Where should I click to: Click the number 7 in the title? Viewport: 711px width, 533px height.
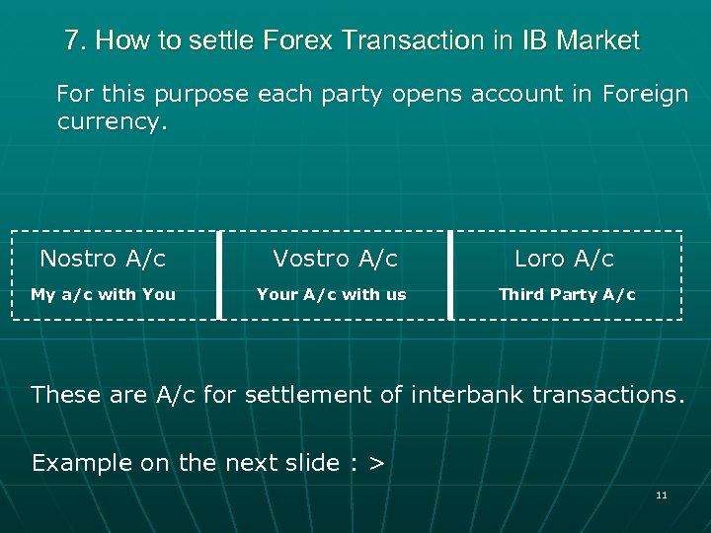[x=72, y=41]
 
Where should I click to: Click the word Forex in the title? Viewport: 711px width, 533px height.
[x=298, y=41]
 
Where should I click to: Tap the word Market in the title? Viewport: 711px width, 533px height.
[x=597, y=41]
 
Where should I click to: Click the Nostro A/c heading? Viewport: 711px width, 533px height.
[x=103, y=260]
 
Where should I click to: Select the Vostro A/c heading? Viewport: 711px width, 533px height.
[x=335, y=260]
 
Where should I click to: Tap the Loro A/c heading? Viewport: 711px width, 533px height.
[x=564, y=260]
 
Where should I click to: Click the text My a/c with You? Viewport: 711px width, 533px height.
[x=103, y=294]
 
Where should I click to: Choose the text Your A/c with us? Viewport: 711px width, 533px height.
[x=331, y=294]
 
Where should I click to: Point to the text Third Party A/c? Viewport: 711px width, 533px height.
[x=567, y=294]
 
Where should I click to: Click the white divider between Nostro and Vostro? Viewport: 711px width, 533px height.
[x=219, y=275]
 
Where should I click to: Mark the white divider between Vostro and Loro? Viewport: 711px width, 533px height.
[x=450, y=275]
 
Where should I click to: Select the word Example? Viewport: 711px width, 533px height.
[x=81, y=463]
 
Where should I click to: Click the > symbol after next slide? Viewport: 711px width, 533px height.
[x=375, y=463]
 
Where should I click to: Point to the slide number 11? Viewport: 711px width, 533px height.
[x=662, y=495]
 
